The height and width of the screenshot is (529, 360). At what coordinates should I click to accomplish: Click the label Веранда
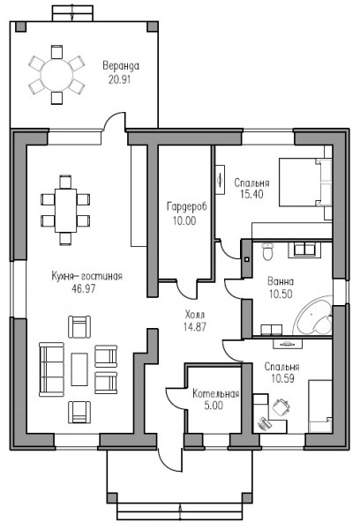click(121, 66)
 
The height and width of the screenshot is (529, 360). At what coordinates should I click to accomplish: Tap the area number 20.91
click(119, 79)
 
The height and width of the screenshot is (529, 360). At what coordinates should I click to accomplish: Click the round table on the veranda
click(56, 75)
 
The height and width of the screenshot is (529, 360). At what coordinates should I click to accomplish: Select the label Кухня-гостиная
click(86, 276)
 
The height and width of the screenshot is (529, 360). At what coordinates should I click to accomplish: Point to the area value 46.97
click(84, 289)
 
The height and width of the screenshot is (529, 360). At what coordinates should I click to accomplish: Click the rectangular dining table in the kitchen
click(65, 210)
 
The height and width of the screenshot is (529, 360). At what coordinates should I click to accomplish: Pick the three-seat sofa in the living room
click(51, 369)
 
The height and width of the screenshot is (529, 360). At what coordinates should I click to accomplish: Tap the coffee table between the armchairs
click(79, 369)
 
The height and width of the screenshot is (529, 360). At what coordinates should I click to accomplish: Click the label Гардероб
click(187, 206)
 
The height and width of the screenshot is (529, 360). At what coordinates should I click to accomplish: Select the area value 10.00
click(184, 220)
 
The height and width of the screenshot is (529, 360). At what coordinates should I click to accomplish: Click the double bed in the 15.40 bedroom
click(305, 183)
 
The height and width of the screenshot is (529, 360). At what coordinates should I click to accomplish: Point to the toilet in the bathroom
click(268, 251)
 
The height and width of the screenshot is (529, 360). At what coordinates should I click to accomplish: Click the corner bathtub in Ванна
click(314, 315)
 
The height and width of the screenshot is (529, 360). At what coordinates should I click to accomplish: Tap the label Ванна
click(281, 281)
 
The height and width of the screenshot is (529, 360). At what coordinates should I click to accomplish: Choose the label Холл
click(195, 315)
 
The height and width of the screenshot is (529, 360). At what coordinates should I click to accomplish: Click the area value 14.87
click(195, 326)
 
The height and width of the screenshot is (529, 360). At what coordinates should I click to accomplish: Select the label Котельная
click(216, 394)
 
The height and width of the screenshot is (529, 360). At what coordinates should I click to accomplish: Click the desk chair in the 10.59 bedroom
click(281, 407)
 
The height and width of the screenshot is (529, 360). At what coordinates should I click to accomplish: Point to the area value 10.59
click(282, 378)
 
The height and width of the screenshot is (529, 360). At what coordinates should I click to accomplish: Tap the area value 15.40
click(252, 194)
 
